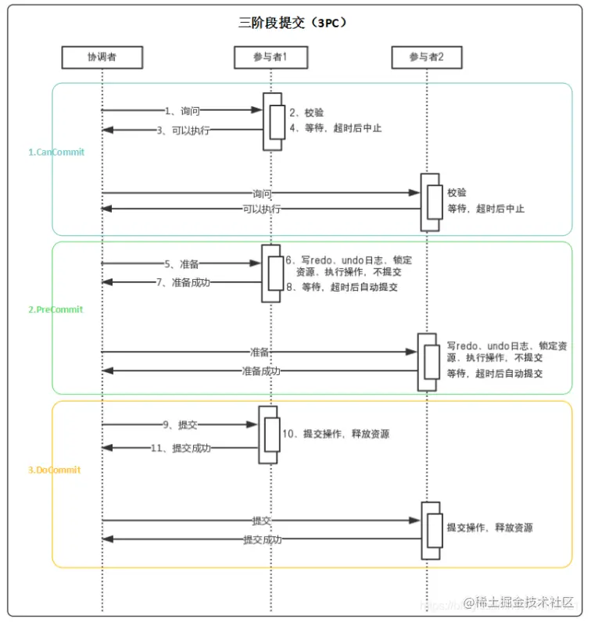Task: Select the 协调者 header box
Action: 102,57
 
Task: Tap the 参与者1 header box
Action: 270,57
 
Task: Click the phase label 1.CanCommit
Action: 56,152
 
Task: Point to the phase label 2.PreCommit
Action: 56,309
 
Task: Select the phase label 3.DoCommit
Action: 55,470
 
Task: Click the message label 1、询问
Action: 183,111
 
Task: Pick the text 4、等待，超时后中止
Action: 335,128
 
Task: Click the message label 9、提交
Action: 181,425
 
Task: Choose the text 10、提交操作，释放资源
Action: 335,434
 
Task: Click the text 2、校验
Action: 300,113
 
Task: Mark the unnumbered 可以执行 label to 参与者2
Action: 262,209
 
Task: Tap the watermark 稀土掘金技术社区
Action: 518,603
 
